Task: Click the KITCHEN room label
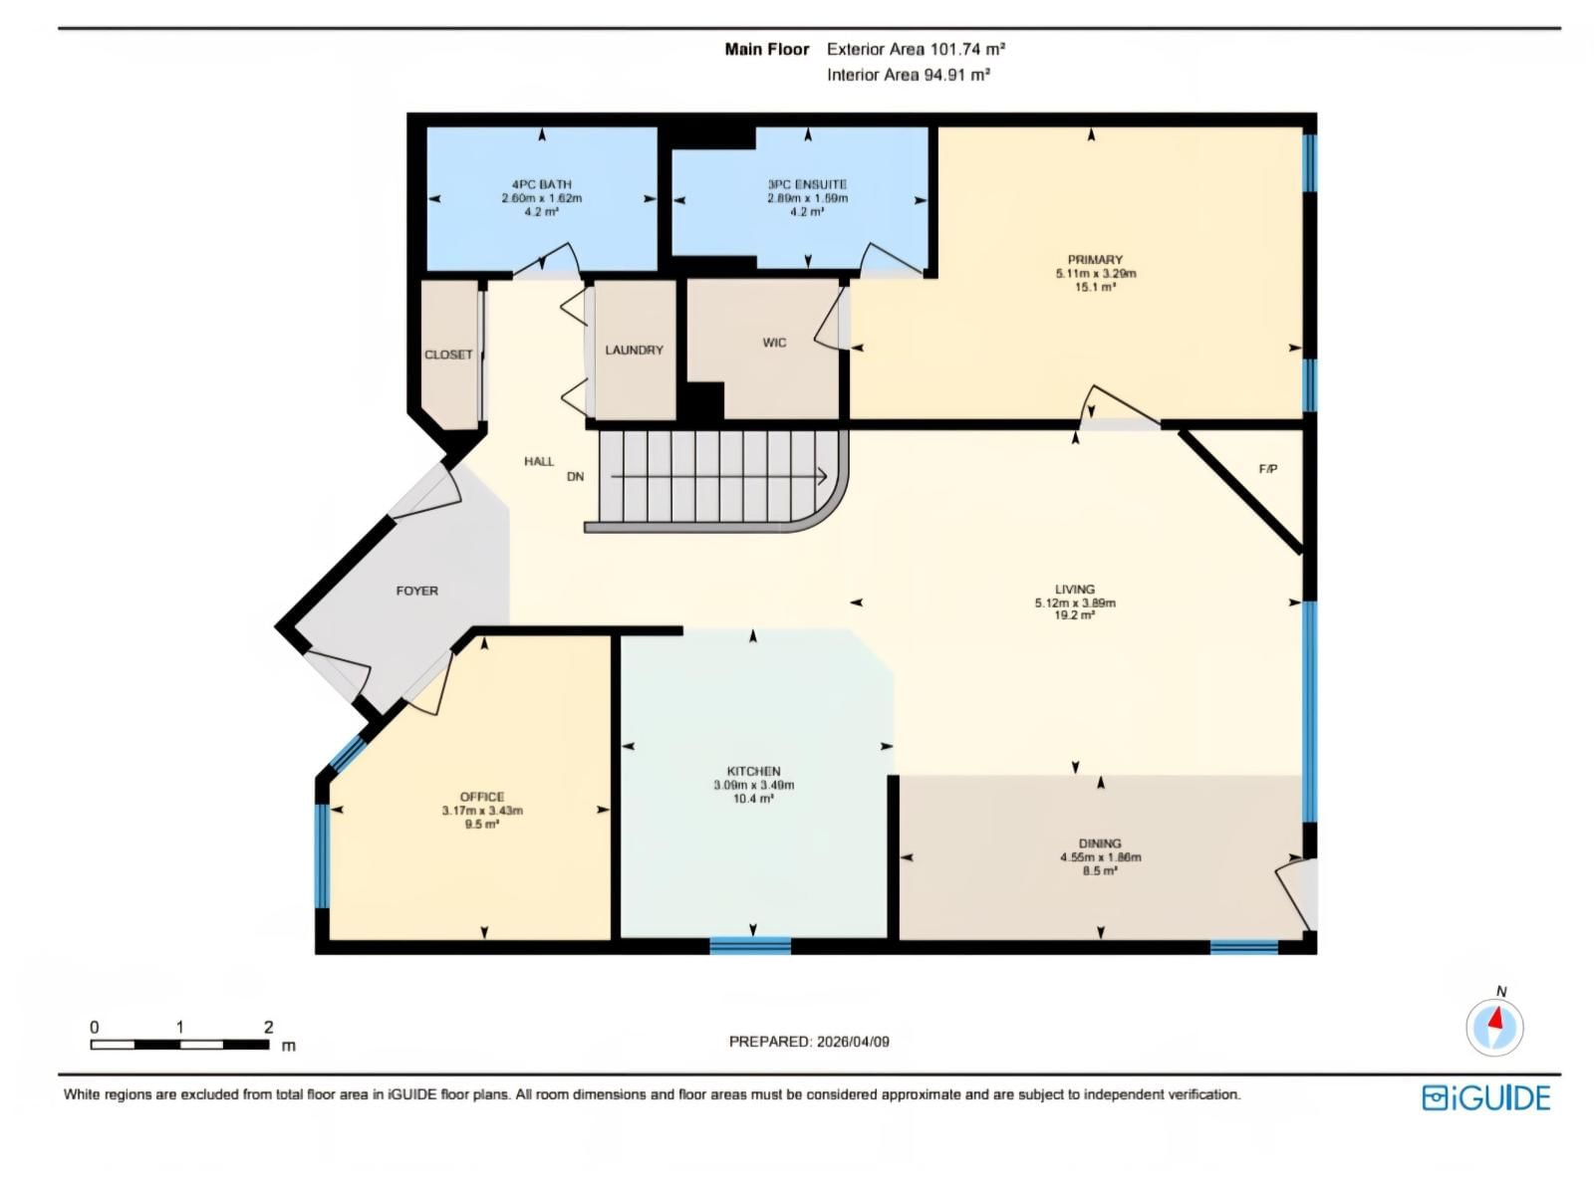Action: (x=753, y=771)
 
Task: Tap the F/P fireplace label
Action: (x=1267, y=469)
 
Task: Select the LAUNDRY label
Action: (x=634, y=351)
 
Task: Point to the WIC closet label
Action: (x=774, y=343)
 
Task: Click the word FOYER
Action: (x=416, y=591)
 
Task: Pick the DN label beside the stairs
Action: (x=575, y=477)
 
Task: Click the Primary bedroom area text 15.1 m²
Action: (x=1095, y=287)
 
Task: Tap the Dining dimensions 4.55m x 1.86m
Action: (x=1100, y=857)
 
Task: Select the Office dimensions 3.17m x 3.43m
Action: (x=482, y=811)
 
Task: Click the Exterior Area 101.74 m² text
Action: (x=915, y=49)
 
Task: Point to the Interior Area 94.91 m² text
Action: (x=908, y=75)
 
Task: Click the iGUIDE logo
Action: (x=1485, y=1097)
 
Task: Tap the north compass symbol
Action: (x=1494, y=1026)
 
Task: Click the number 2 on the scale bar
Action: (x=268, y=1027)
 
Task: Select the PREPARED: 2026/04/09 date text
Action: (x=809, y=1042)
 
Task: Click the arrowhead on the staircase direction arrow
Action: (x=823, y=477)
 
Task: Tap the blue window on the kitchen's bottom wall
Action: (x=750, y=945)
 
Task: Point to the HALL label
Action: (x=538, y=461)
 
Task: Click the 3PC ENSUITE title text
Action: (x=807, y=184)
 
